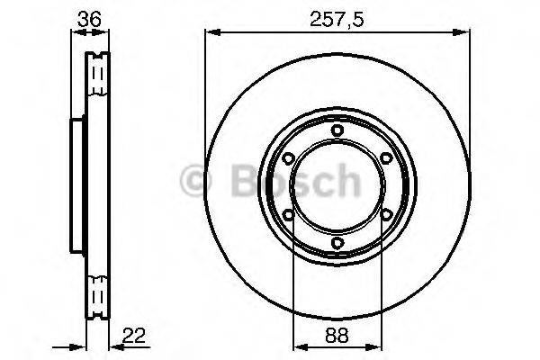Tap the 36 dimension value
87,18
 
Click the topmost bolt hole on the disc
337,131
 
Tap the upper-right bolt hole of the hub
385,159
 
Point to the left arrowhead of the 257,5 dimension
210,33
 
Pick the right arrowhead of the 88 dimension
373,346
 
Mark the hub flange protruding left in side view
76,186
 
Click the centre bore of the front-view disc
337,186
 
